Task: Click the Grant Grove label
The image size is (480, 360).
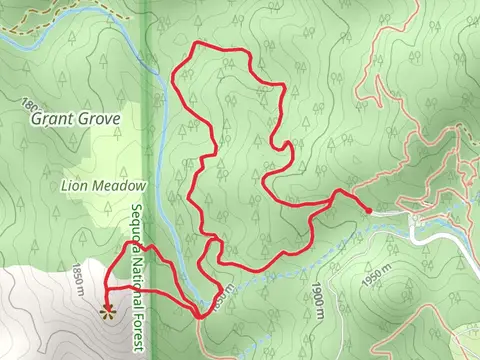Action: [75, 119]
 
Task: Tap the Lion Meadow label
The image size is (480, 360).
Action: [104, 185]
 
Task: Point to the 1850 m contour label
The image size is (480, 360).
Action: [79, 279]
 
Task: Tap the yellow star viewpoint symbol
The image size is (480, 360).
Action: [108, 312]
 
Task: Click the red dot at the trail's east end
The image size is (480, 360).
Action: [368, 210]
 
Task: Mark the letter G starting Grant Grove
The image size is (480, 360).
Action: [36, 119]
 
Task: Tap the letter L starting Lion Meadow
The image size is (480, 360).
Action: [65, 185]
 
